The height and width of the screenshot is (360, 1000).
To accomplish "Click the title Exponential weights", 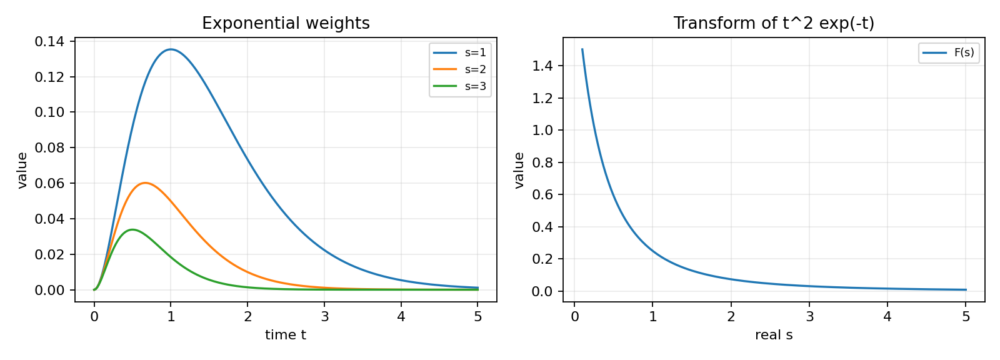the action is pos(286,23).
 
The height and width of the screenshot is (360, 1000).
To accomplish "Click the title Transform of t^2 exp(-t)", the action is pos(774,23).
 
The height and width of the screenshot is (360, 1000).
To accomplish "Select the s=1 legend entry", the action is pos(460,52).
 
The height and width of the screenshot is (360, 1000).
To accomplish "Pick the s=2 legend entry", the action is pos(460,69).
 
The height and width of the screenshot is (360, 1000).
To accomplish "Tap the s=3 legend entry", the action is pos(460,86).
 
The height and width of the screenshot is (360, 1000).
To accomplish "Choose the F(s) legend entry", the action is pos(949,52).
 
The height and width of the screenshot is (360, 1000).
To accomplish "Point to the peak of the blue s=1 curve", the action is pos(171,49).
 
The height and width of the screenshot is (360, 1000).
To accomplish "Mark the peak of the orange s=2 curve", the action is pos(145,182).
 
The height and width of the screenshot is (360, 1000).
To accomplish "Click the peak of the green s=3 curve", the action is pos(132,229).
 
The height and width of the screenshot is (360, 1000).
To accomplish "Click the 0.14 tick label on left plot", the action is pos(49,41).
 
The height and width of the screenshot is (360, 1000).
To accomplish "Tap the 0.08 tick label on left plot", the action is pos(49,148).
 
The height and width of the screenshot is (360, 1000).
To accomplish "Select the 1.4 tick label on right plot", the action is pos(542,66).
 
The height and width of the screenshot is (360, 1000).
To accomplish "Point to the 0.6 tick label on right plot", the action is pos(542,195).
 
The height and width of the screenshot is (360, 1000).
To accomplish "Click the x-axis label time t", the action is pos(286,335).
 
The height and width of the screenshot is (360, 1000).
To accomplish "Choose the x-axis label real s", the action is pos(774,335).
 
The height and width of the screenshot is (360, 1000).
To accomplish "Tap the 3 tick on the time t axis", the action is pos(324,317).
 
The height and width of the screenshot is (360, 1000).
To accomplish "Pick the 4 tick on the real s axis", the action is pos(887,317).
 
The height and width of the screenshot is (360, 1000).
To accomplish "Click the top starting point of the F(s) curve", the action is pos(582,49).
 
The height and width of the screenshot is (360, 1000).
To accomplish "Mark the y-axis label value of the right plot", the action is pos(519,170).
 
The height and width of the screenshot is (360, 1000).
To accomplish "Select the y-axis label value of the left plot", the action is pos(22,170).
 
